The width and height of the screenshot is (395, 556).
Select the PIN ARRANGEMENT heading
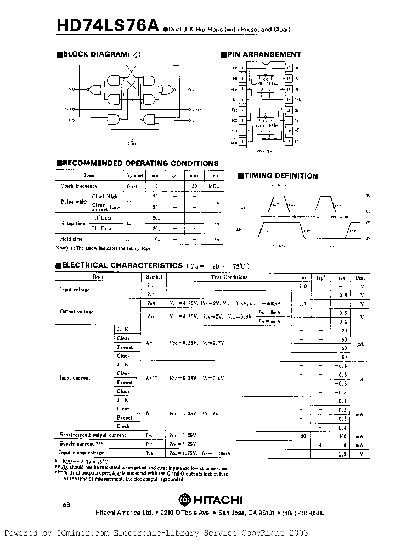[x=261, y=54]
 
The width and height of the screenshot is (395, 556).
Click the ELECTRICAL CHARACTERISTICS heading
[x=122, y=265]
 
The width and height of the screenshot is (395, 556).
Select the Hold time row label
[x=72, y=239]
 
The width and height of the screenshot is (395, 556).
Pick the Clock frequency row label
[x=78, y=186]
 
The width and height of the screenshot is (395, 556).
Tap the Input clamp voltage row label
[x=81, y=453]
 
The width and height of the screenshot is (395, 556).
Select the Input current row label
[x=75, y=378]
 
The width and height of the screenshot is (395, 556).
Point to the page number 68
[x=66, y=504]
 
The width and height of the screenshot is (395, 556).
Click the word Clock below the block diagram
[x=132, y=143]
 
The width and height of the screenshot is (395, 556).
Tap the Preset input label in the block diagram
[x=66, y=109]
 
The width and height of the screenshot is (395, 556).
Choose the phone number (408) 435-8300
[x=302, y=513]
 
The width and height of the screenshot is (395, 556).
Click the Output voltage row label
[x=77, y=312]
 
